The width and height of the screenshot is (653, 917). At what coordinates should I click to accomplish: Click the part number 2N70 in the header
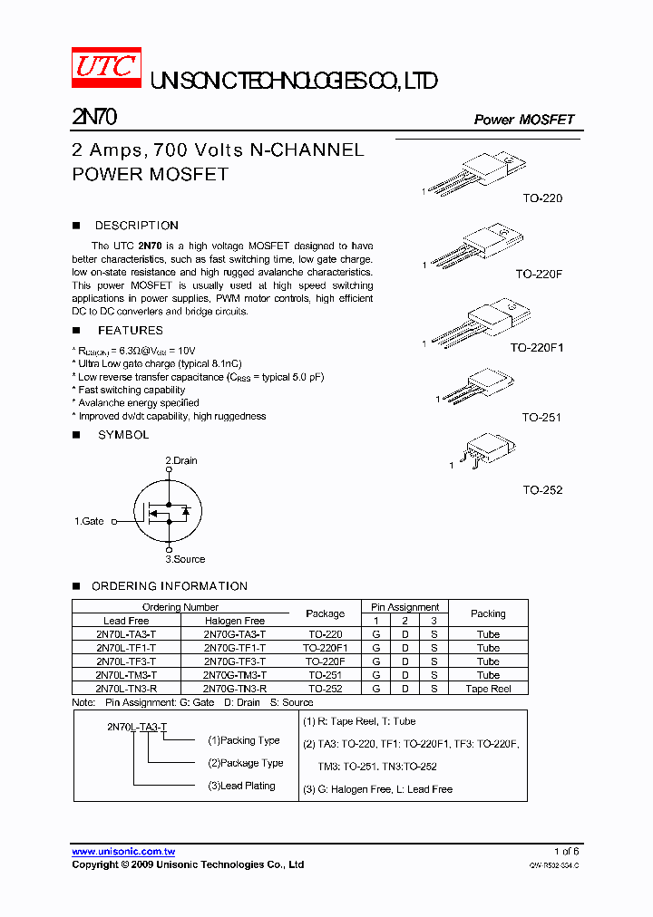point(93,118)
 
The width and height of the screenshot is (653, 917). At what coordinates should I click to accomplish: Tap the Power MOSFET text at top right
point(523,120)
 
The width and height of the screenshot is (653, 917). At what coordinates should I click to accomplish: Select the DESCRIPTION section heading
point(136,226)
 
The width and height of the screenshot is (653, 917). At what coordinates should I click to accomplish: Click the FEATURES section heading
point(130,331)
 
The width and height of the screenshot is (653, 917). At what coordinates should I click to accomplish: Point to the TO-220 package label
point(541,198)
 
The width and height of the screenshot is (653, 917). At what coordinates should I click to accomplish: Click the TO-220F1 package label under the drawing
point(536,347)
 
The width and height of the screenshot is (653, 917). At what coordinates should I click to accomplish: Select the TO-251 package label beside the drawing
point(541,418)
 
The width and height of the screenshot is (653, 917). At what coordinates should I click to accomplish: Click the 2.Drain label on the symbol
point(180,460)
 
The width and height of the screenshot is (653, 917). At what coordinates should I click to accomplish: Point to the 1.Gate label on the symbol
point(89,521)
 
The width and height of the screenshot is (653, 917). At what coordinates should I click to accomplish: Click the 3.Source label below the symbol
point(185,559)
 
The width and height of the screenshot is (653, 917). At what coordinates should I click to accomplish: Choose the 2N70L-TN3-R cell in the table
point(126,689)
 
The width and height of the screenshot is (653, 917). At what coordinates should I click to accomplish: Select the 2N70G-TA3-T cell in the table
point(235,634)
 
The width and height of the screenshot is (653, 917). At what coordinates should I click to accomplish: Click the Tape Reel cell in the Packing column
point(488,689)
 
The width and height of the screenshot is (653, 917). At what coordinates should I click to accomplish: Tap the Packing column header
point(488,613)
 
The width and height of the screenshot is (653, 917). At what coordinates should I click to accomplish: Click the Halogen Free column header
point(235,621)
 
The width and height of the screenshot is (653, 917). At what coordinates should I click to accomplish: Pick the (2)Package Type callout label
point(245,763)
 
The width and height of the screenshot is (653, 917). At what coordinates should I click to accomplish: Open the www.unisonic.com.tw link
point(123,852)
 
